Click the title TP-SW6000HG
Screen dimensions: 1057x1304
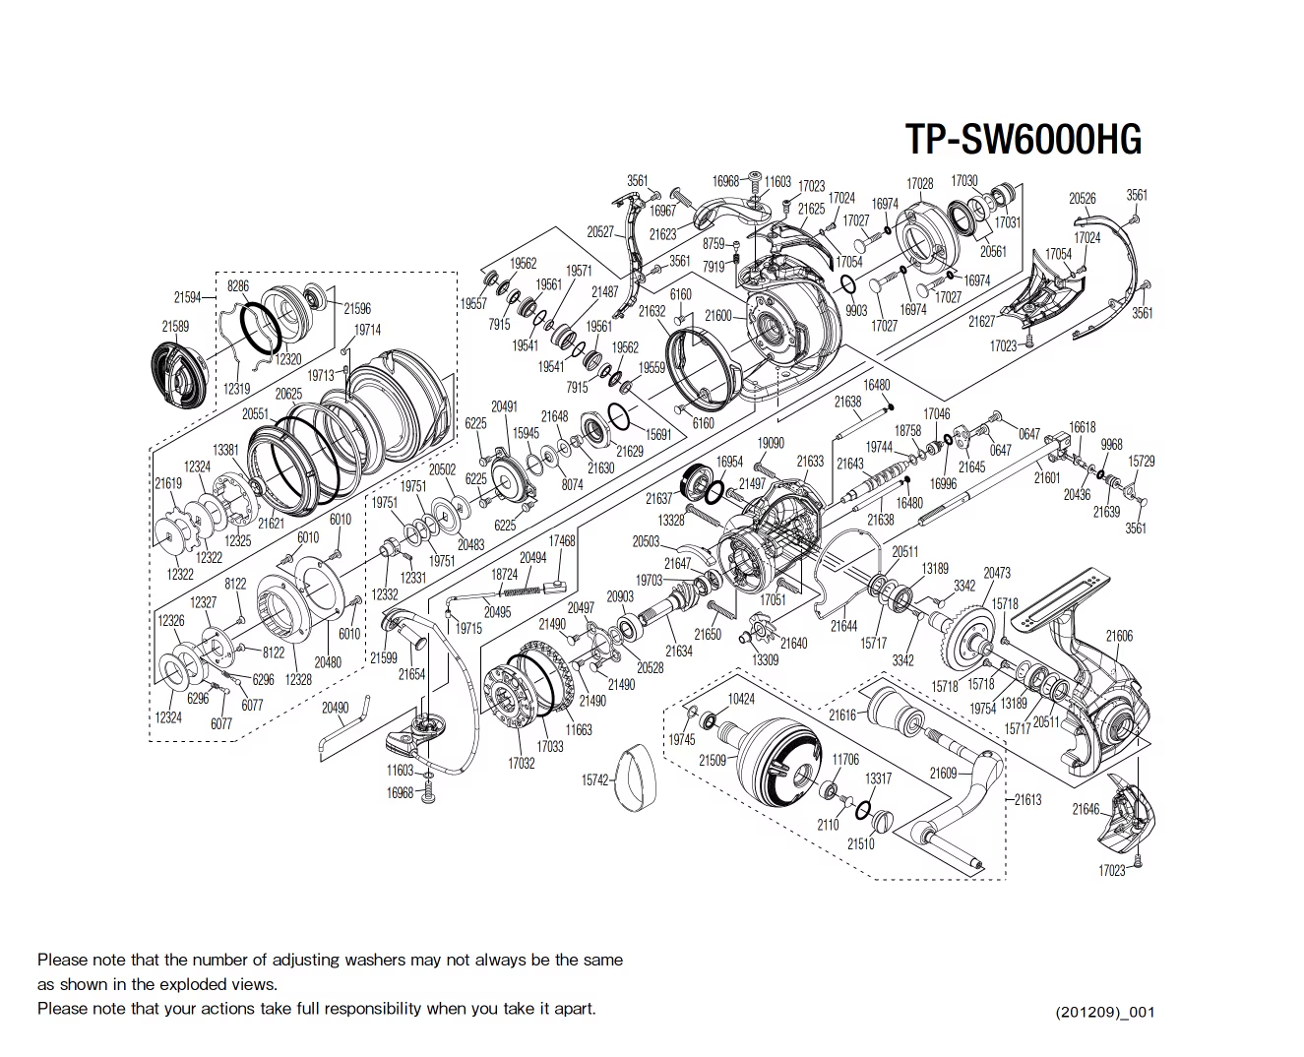tap(1023, 140)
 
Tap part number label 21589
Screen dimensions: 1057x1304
tap(175, 326)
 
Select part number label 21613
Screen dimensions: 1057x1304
tap(1027, 799)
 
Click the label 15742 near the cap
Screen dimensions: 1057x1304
tap(594, 779)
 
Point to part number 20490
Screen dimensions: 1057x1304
tap(335, 708)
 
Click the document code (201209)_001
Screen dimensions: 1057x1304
tap(1104, 1012)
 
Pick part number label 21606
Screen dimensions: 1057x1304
tap(1119, 637)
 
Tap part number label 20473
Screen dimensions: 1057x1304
tap(996, 573)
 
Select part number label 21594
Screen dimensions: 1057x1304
tap(187, 297)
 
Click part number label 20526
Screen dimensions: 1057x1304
tap(1082, 199)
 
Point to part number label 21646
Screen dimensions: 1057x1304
tap(1086, 809)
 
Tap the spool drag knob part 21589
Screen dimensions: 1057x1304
tap(180, 375)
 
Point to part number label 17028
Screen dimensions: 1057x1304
tap(919, 184)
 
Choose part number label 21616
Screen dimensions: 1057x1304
tap(841, 715)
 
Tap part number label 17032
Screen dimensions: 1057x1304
tap(521, 763)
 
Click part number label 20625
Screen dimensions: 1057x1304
tap(288, 394)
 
